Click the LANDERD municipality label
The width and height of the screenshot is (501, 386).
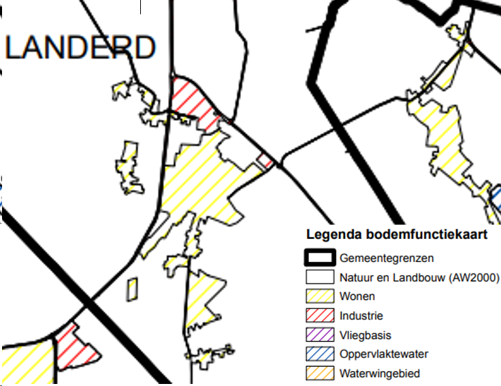80,48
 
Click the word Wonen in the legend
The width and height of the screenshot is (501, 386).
357,297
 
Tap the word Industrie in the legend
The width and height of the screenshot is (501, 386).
361,316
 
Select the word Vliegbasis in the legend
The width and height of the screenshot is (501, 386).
365,335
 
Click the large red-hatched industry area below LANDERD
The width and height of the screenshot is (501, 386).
192,101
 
